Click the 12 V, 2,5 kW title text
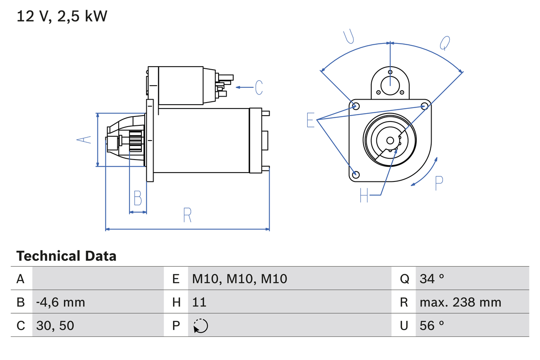coord(62,16)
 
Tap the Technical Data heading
coord(66,256)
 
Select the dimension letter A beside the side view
coord(86,139)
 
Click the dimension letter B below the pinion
coord(138,198)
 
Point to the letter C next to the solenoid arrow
coord(259,87)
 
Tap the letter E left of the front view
coord(311,120)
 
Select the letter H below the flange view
coord(364,195)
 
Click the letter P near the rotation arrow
coord(439,183)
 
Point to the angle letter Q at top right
coord(445,43)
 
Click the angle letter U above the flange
coord(348,37)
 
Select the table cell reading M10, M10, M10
coord(240,279)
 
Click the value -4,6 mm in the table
coord(60,302)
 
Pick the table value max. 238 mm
coord(460,302)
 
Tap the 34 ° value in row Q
coord(432,279)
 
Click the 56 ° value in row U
coord(432,325)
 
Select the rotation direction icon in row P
coord(200,326)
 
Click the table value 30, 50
coord(55,325)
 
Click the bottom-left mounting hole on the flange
coord(356,174)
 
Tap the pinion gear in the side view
coord(136,141)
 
